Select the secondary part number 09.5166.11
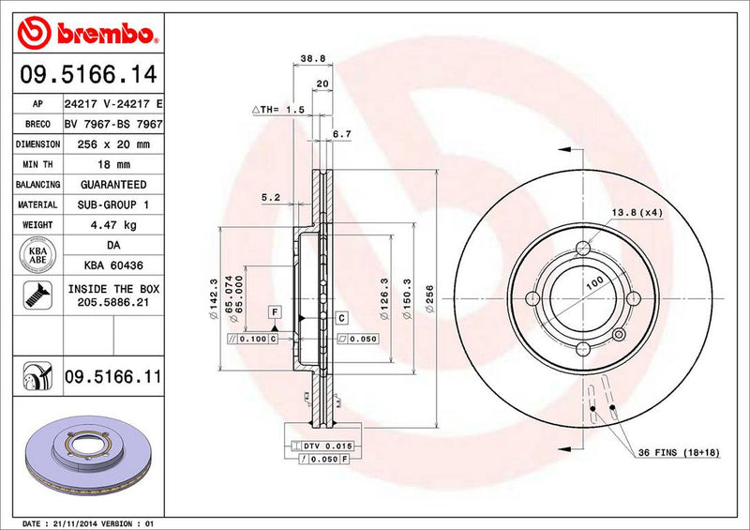pyautogui.click(x=112, y=377)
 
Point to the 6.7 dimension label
pyautogui.click(x=341, y=135)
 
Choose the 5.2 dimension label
pyautogui.click(x=272, y=197)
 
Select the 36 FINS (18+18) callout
pyautogui.click(x=678, y=452)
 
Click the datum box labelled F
pyautogui.click(x=275, y=310)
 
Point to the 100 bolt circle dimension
pyautogui.click(x=593, y=282)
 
